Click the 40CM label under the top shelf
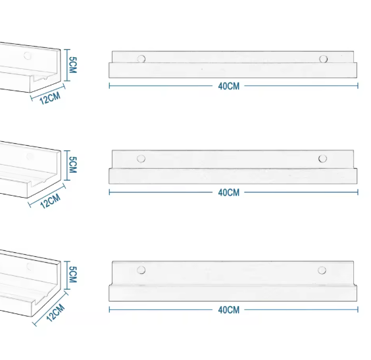coord(228,86)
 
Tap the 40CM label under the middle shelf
coord(228,192)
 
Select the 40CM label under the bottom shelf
coord(228,309)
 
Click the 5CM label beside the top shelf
coord(73,64)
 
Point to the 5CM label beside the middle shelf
coord(73,164)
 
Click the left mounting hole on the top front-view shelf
coord(141,59)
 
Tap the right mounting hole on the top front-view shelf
coord(324,59)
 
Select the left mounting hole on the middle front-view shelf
coord(140,158)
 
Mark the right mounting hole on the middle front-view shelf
coord(322,158)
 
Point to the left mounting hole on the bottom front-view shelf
coord(140,270)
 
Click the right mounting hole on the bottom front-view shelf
coord(322,270)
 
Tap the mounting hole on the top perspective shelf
coord(27,55)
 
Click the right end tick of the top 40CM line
coord(358,85)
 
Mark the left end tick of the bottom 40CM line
coord(109,309)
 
